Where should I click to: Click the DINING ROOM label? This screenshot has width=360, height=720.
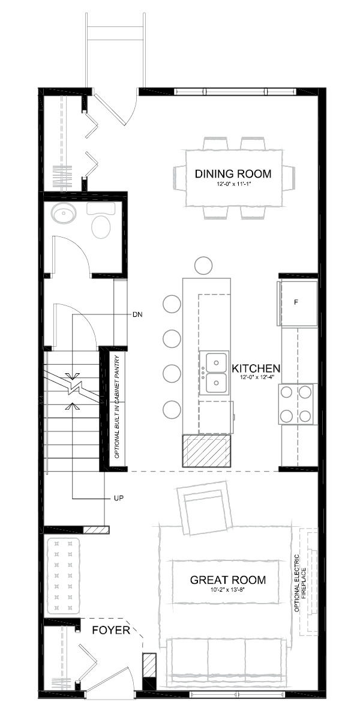(x=233, y=174)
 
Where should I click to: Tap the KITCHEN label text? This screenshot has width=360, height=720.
(x=257, y=368)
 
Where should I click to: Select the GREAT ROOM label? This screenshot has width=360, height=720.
(x=227, y=580)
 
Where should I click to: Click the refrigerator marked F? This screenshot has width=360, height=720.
(x=296, y=302)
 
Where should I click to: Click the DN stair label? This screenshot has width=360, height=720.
(x=137, y=314)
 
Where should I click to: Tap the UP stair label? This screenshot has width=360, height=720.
(x=119, y=499)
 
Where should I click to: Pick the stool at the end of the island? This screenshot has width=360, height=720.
(x=204, y=265)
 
